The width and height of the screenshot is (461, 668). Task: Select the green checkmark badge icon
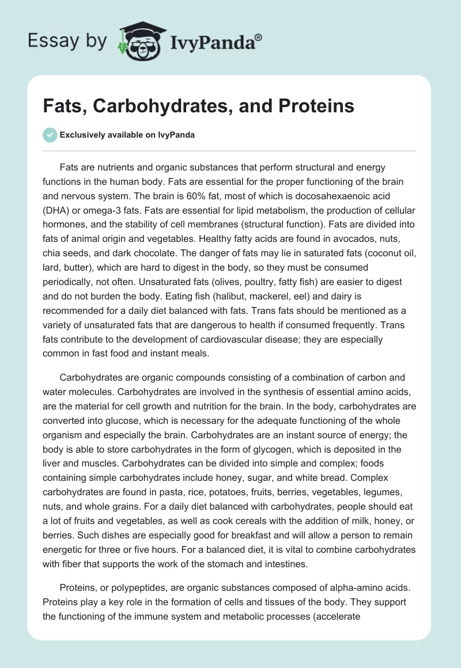point(50,135)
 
